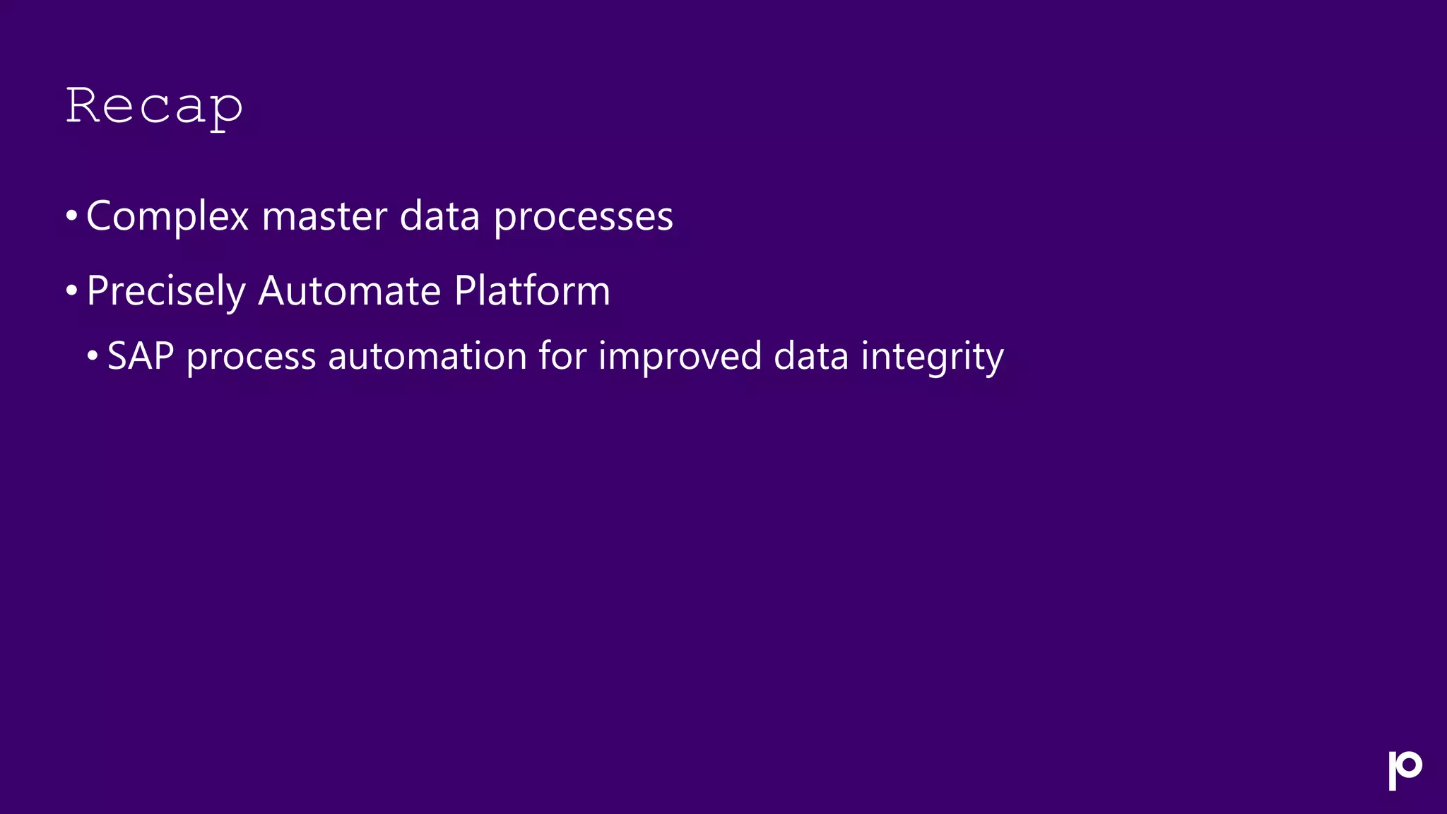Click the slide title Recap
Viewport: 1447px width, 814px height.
pyautogui.click(x=154, y=107)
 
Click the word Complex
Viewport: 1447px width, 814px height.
pyautogui.click(x=167, y=216)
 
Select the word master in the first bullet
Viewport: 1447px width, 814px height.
pyautogui.click(x=324, y=216)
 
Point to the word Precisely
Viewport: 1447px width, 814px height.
pyautogui.click(x=166, y=291)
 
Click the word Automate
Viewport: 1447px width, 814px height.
pyautogui.click(x=350, y=290)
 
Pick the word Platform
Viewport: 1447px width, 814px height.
pyautogui.click(x=532, y=290)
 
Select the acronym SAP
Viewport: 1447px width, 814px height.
pyautogui.click(x=141, y=356)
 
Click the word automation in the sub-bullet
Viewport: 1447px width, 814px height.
pyautogui.click(x=427, y=356)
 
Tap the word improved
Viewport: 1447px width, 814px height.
pyautogui.click(x=680, y=356)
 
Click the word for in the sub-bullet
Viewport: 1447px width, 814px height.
pyautogui.click(x=562, y=355)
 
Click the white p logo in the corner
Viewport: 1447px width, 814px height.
pyautogui.click(x=1405, y=770)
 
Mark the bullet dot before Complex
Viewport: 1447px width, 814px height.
pyautogui.click(x=71, y=216)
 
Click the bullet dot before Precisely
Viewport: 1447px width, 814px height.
pyautogui.click(x=71, y=290)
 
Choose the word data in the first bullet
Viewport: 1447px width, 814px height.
pyautogui.click(x=439, y=216)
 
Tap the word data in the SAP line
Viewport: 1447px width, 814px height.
pyautogui.click(x=811, y=356)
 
